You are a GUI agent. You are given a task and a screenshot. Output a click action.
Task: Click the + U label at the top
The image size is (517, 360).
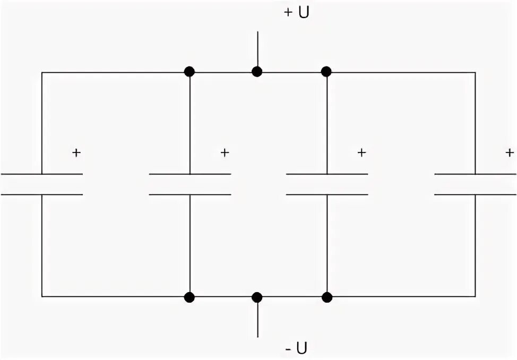click(296, 13)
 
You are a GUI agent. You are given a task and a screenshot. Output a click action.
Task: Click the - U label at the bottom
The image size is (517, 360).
click(296, 349)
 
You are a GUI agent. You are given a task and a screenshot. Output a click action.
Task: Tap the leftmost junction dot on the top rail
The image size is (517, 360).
click(189, 72)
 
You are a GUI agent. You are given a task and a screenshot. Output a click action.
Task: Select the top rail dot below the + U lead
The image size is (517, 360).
click(257, 72)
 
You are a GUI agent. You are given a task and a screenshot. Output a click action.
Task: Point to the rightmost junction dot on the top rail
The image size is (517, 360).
click(326, 72)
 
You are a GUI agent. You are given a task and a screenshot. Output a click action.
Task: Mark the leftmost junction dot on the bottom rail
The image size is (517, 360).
click(189, 297)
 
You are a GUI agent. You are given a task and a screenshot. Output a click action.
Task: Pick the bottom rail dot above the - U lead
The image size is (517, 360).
click(257, 297)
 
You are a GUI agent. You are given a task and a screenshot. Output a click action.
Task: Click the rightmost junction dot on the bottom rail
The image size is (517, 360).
click(326, 297)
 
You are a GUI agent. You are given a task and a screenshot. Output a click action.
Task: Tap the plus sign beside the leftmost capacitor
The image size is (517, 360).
click(76, 153)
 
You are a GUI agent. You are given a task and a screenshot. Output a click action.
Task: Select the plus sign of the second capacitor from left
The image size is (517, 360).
click(225, 153)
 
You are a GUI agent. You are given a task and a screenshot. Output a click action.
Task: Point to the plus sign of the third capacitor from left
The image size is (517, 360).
click(361, 153)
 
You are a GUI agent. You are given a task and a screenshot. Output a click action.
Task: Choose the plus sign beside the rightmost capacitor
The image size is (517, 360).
click(510, 153)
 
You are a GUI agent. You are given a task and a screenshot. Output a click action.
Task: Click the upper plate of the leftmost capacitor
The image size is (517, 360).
click(42, 174)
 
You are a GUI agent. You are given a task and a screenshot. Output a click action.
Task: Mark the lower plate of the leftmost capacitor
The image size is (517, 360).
click(42, 195)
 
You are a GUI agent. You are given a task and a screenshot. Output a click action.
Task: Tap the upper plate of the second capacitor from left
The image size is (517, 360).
click(189, 174)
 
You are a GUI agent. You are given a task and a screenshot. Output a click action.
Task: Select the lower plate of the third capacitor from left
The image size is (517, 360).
click(326, 195)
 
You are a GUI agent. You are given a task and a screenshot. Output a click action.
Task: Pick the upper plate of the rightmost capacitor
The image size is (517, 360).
click(475, 174)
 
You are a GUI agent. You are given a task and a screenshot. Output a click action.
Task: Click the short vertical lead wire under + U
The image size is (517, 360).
click(257, 49)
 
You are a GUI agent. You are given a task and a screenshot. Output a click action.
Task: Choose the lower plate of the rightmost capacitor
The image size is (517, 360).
click(475, 195)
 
